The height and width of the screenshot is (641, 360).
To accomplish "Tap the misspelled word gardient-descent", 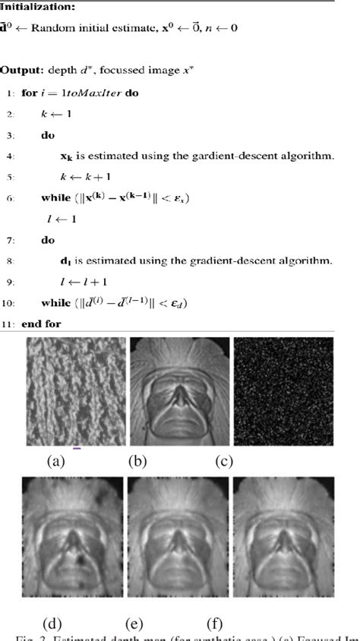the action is pyautogui.click(x=210, y=156).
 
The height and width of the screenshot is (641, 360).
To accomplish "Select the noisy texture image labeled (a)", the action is pyautogui.click(x=76, y=392).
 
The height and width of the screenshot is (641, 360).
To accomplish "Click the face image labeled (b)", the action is pyautogui.click(x=178, y=392).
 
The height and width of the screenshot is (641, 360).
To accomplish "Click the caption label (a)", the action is pyautogui.click(x=55, y=460).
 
